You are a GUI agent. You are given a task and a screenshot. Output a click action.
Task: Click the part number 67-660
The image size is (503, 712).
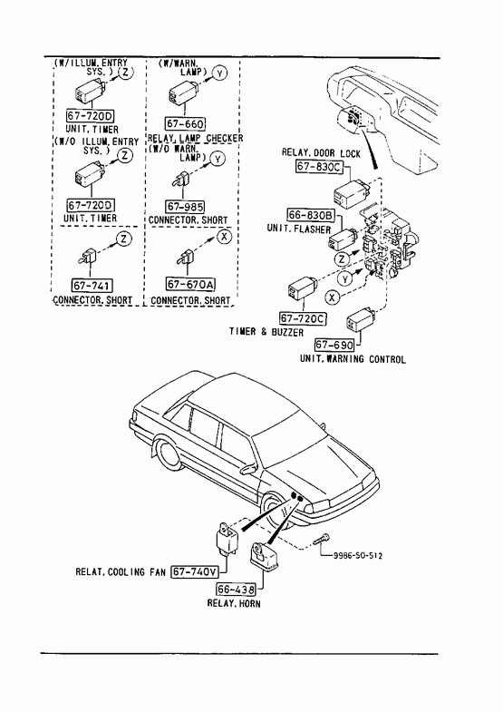click(x=185, y=123)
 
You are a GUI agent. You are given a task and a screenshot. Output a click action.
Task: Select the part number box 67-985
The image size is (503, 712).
click(x=185, y=207)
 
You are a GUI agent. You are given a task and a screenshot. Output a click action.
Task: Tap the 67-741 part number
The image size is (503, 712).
click(x=92, y=285)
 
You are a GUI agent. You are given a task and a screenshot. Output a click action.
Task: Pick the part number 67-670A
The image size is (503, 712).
click(x=190, y=284)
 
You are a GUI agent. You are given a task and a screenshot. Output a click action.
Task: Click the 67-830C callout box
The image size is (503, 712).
click(x=318, y=167)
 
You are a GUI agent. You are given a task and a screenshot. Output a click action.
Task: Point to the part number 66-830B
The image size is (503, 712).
click(x=311, y=214)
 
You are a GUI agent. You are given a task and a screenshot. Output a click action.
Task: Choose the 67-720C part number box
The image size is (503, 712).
click(x=303, y=318)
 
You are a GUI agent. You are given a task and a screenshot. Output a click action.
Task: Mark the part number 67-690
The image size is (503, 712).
click(x=334, y=345)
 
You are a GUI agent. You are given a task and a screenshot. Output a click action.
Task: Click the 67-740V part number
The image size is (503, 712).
click(x=195, y=571)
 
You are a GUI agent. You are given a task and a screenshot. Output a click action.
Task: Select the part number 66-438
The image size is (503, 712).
click(x=236, y=590)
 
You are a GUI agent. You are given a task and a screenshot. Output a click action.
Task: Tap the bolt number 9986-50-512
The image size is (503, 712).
click(x=357, y=556)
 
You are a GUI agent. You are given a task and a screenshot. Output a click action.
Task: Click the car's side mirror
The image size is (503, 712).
click(x=248, y=468)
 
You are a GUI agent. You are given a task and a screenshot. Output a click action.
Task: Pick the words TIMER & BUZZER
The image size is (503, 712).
click(x=266, y=332)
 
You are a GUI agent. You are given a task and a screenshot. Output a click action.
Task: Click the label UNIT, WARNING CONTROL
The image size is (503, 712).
click(x=353, y=359)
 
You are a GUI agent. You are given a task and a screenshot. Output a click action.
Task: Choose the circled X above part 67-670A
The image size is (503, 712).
click(x=224, y=237)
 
